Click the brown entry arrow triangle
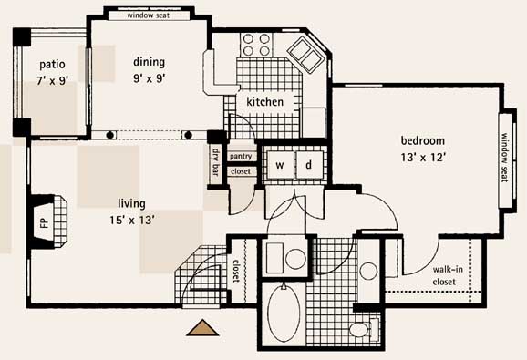(x=202, y=328)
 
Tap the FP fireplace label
(x=45, y=222)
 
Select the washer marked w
(x=280, y=165)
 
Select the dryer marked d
(x=309, y=165)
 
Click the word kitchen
(x=264, y=102)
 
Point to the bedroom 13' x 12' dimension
(x=423, y=157)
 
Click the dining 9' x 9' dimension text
(x=150, y=78)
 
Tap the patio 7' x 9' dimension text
(x=53, y=80)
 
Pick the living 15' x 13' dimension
(x=132, y=221)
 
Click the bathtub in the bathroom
(x=284, y=314)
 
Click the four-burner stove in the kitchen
(x=256, y=45)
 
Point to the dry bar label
(x=215, y=162)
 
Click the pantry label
(x=241, y=157)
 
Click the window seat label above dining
(x=149, y=15)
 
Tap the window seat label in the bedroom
(x=505, y=158)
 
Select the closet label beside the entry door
(x=236, y=271)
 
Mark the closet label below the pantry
(x=241, y=171)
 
